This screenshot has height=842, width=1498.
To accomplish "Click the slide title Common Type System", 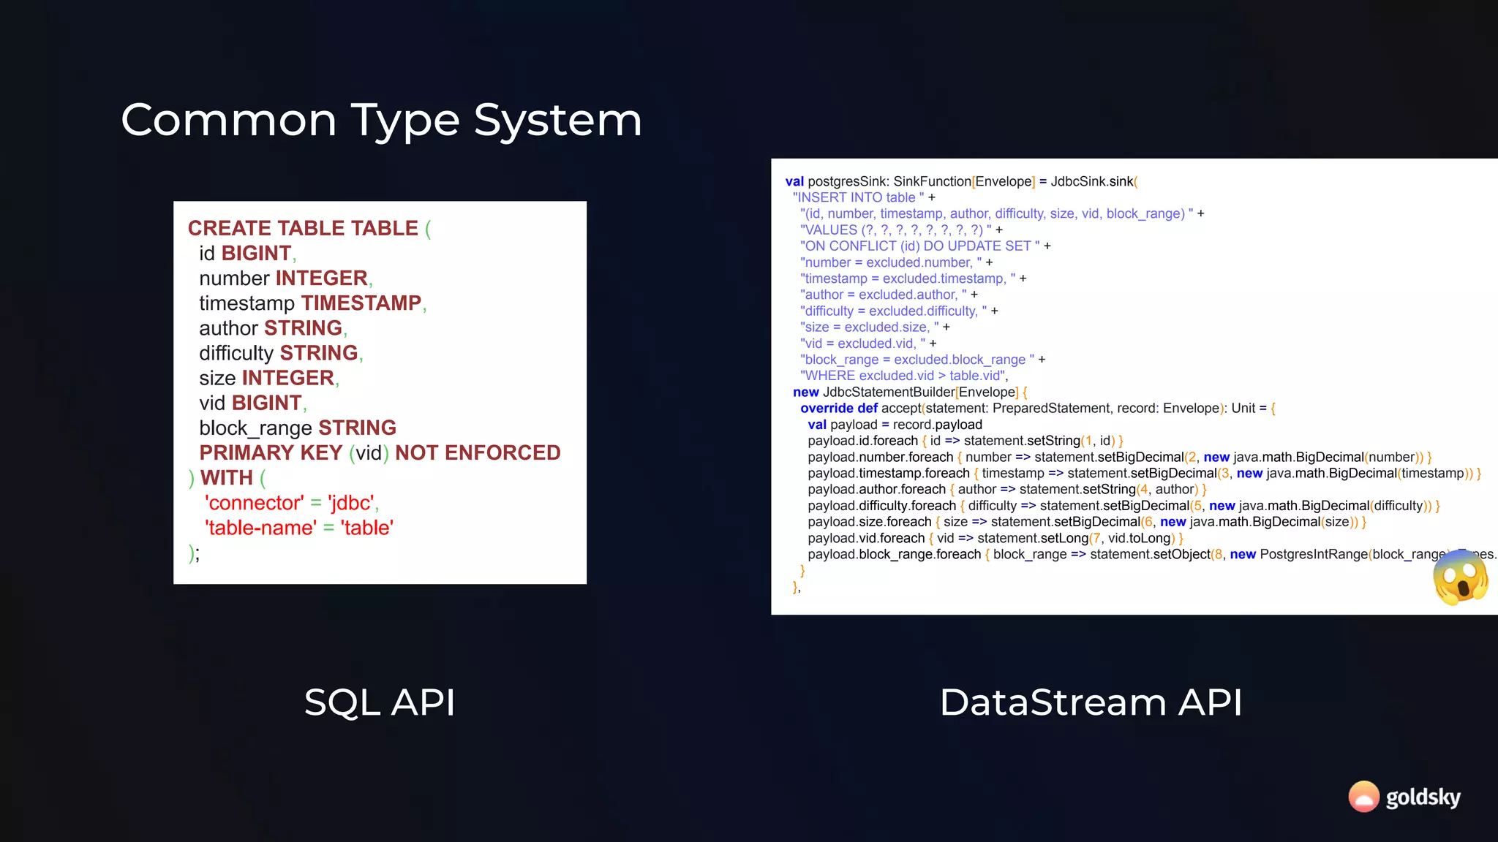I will click(x=381, y=120).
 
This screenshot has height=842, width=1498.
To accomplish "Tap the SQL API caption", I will click(x=380, y=702).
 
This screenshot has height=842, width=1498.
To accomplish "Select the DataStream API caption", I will click(x=1091, y=702).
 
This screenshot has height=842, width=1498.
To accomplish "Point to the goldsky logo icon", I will click(x=1363, y=797).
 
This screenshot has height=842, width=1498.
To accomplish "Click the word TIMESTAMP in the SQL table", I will click(x=361, y=303).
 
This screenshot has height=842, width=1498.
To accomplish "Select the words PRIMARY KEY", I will click(x=271, y=453).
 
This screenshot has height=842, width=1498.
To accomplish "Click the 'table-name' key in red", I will click(x=260, y=528).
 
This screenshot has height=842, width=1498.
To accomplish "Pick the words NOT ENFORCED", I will click(x=478, y=453).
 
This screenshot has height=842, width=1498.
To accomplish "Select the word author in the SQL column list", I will click(x=228, y=328).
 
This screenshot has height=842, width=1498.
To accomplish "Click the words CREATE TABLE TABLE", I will click(x=303, y=228).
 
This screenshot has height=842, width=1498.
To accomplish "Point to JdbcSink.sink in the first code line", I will click(x=1091, y=181).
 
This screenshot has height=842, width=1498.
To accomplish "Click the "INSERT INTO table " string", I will click(x=858, y=197).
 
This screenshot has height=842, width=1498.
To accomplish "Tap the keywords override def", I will click(x=838, y=409).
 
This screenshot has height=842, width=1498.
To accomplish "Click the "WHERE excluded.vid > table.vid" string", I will click(x=903, y=376).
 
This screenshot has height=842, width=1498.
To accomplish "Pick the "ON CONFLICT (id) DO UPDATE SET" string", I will click(x=919, y=246).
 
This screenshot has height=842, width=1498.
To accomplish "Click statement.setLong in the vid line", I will click(x=1032, y=538).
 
